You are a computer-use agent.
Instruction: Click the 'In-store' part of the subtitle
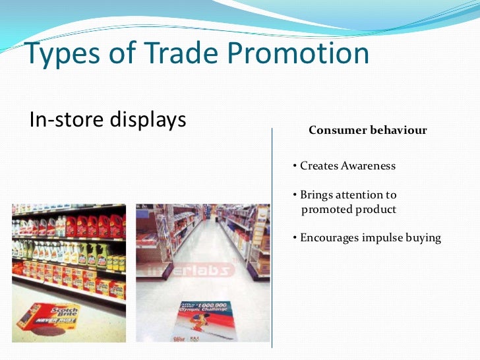tap(63, 120)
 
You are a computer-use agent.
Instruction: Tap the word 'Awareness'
tap(368, 166)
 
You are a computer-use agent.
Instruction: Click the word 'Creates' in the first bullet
tap(319, 166)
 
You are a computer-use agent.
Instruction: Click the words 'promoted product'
tap(349, 210)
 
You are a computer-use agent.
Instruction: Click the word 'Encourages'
tap(330, 238)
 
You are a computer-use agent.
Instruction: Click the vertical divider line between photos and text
tap(272, 244)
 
